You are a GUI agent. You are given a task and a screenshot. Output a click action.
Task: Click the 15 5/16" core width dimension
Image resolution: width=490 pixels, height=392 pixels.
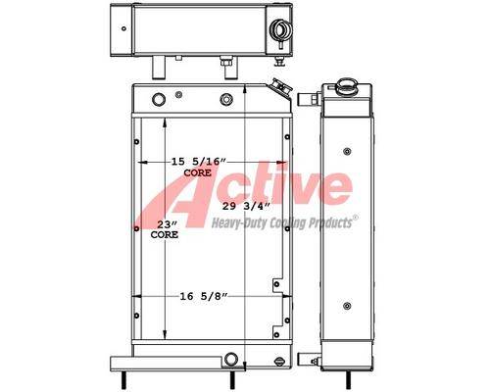[x=199, y=162]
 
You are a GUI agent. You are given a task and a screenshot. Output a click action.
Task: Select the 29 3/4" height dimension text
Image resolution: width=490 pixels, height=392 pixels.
[x=246, y=206]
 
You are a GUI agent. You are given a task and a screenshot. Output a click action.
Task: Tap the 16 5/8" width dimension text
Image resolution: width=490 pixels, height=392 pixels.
[x=204, y=296]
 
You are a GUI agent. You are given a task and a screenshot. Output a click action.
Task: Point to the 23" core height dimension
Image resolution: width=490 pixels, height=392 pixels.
[x=167, y=224]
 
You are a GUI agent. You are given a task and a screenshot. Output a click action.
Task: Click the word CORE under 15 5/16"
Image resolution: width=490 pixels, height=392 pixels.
[x=197, y=173]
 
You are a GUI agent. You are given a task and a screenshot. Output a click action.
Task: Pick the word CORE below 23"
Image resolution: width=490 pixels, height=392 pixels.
[x=165, y=234]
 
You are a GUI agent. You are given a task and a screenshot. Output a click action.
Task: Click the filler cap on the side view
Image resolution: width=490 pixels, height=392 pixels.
[x=346, y=85]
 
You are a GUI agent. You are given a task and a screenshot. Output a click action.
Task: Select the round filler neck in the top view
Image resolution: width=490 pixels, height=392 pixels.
[x=279, y=30]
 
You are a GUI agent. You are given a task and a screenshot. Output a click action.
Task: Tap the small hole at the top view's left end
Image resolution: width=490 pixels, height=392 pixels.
[x=123, y=28]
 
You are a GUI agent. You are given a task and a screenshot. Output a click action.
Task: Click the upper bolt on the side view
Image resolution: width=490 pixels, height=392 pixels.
[x=347, y=151]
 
